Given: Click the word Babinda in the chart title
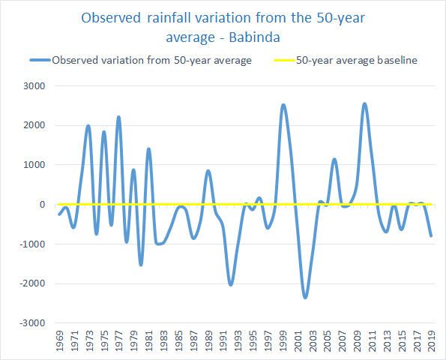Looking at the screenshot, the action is pyautogui.click(x=254, y=37).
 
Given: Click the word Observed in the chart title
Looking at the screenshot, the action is pyautogui.click(x=111, y=18).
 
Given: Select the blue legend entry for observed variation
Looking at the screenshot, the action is pyautogui.click(x=141, y=60).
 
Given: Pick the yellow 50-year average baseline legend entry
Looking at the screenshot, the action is pyautogui.click(x=346, y=60).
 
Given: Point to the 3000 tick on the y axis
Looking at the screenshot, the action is pyautogui.click(x=34, y=86).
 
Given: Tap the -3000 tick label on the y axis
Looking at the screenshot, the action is pyautogui.click(x=32, y=323).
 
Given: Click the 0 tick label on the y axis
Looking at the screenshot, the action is pyautogui.click(x=43, y=204).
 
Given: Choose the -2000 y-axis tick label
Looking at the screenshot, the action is pyautogui.click(x=32, y=283).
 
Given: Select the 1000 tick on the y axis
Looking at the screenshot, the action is pyautogui.click(x=34, y=165).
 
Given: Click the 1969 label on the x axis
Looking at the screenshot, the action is pyautogui.click(x=59, y=340).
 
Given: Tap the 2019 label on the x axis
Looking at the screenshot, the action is pyautogui.click(x=432, y=340).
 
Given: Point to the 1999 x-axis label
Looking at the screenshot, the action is pyautogui.click(x=283, y=340).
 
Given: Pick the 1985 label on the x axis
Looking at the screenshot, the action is pyautogui.click(x=178, y=340).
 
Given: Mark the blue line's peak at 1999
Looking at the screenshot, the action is pyautogui.click(x=283, y=105).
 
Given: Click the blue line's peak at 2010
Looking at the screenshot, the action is pyautogui.click(x=364, y=104).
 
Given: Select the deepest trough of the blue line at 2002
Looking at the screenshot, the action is pyautogui.click(x=305, y=298).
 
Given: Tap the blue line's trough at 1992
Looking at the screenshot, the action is pyautogui.click(x=231, y=284).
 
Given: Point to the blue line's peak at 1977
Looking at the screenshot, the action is pyautogui.click(x=119, y=117).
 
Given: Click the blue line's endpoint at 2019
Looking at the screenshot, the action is pyautogui.click(x=431, y=236).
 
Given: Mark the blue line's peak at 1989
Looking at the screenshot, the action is pyautogui.click(x=208, y=171).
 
